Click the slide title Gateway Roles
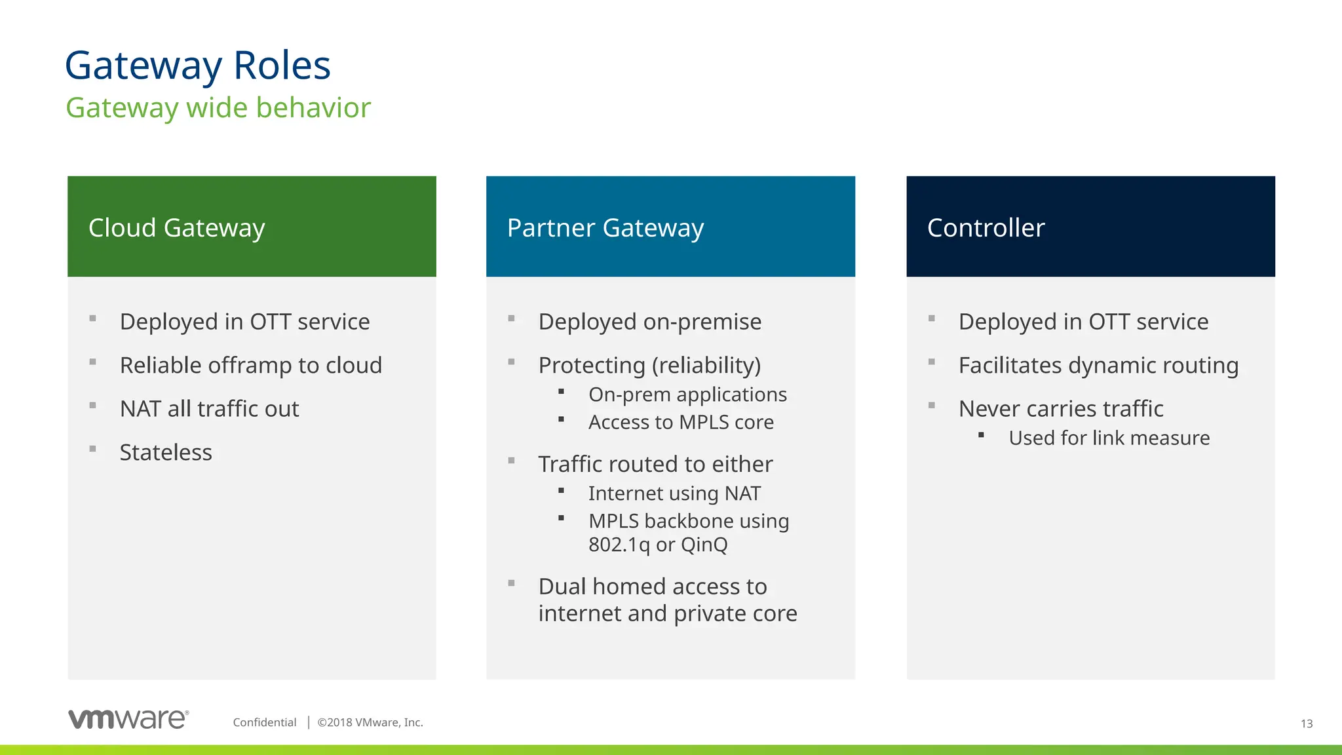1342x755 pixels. click(x=198, y=66)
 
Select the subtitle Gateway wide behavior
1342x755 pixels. click(x=218, y=108)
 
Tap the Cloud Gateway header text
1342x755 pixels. click(x=177, y=228)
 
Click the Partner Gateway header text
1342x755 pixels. click(x=605, y=228)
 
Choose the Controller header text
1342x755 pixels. click(x=986, y=228)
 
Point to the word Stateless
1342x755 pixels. click(x=166, y=452)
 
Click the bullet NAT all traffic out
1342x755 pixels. click(x=209, y=409)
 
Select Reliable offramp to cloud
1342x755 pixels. click(x=250, y=365)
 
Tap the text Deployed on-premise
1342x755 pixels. click(x=649, y=322)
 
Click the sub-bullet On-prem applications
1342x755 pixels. click(x=687, y=395)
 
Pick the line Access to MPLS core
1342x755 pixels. click(x=681, y=422)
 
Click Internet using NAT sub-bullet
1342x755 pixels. click(x=674, y=493)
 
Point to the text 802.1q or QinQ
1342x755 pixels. click(x=658, y=545)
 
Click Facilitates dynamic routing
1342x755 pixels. click(x=1098, y=365)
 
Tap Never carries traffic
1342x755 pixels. click(x=1061, y=409)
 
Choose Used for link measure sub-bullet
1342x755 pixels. click(x=1109, y=438)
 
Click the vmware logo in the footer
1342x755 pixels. click(x=128, y=719)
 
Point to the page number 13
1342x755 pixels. click(x=1306, y=724)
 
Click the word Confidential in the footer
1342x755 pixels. click(x=265, y=722)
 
